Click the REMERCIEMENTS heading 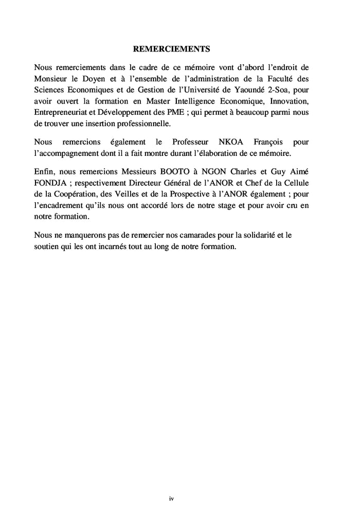pos(172,49)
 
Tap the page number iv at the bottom pos(172,499)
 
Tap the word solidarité pos(256,235)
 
